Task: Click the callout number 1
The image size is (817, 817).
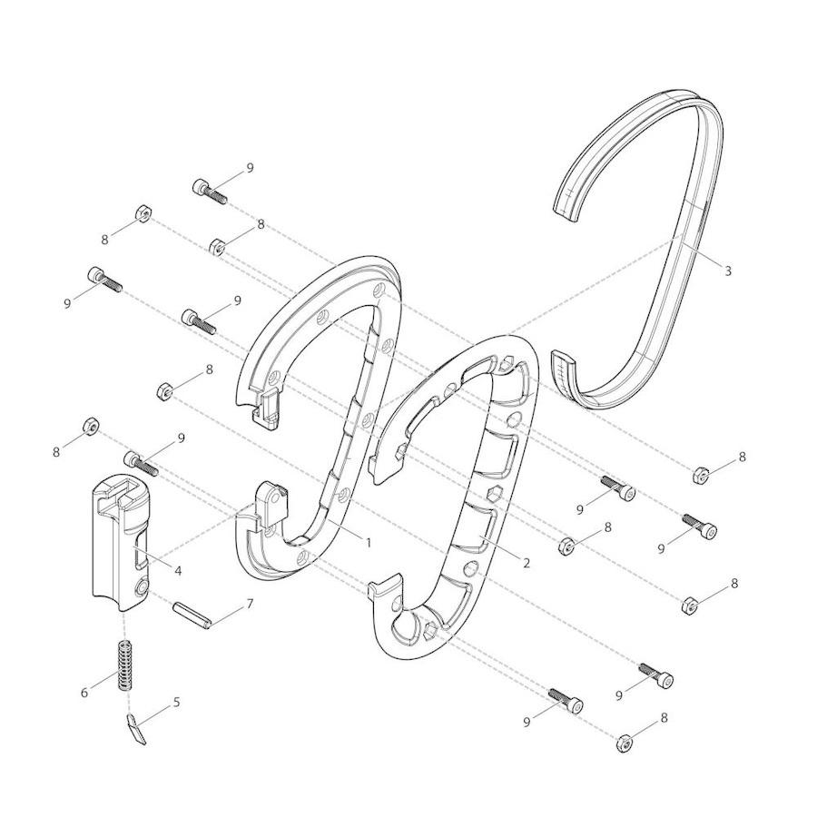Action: coord(369,543)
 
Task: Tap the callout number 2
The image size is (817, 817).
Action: coord(527,563)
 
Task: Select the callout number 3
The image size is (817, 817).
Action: coord(728,271)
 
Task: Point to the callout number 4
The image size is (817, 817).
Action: coord(178,571)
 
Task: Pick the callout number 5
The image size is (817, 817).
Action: coord(177,702)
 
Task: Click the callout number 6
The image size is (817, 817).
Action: coord(84,693)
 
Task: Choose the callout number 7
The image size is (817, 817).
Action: coord(250,604)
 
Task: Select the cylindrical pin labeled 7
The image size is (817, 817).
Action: coord(192,615)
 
